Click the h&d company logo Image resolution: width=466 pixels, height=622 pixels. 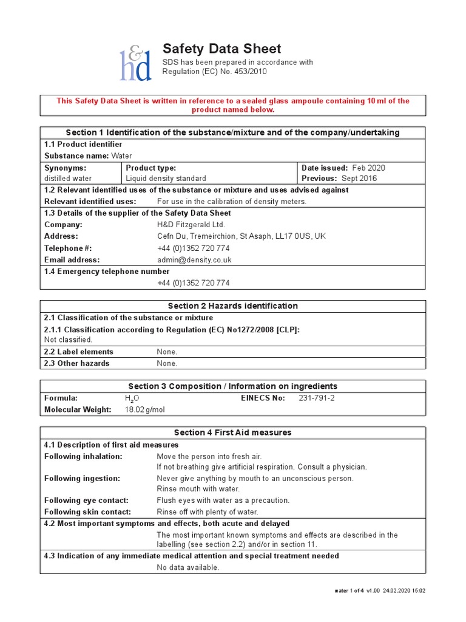[135, 63]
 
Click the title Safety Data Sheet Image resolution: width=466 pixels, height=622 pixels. [221, 49]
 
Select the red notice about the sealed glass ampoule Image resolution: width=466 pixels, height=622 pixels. [233, 105]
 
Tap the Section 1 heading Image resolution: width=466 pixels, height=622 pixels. [233, 132]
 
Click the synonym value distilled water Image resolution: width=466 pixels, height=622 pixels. [69, 179]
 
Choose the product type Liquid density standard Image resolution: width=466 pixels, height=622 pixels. [166, 179]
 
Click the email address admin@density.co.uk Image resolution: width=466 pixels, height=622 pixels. [194, 260]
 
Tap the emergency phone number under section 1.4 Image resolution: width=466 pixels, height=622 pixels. [193, 283]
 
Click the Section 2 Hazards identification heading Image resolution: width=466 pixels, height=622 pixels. [233, 306]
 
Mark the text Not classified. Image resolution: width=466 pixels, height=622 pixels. [69, 340]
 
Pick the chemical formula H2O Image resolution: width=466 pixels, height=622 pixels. [132, 398]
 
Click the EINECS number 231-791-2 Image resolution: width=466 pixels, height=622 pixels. [317, 398]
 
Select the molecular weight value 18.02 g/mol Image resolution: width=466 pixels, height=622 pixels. [144, 410]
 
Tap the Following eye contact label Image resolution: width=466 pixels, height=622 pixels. [86, 501]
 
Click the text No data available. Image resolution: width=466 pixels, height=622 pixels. [187, 567]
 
